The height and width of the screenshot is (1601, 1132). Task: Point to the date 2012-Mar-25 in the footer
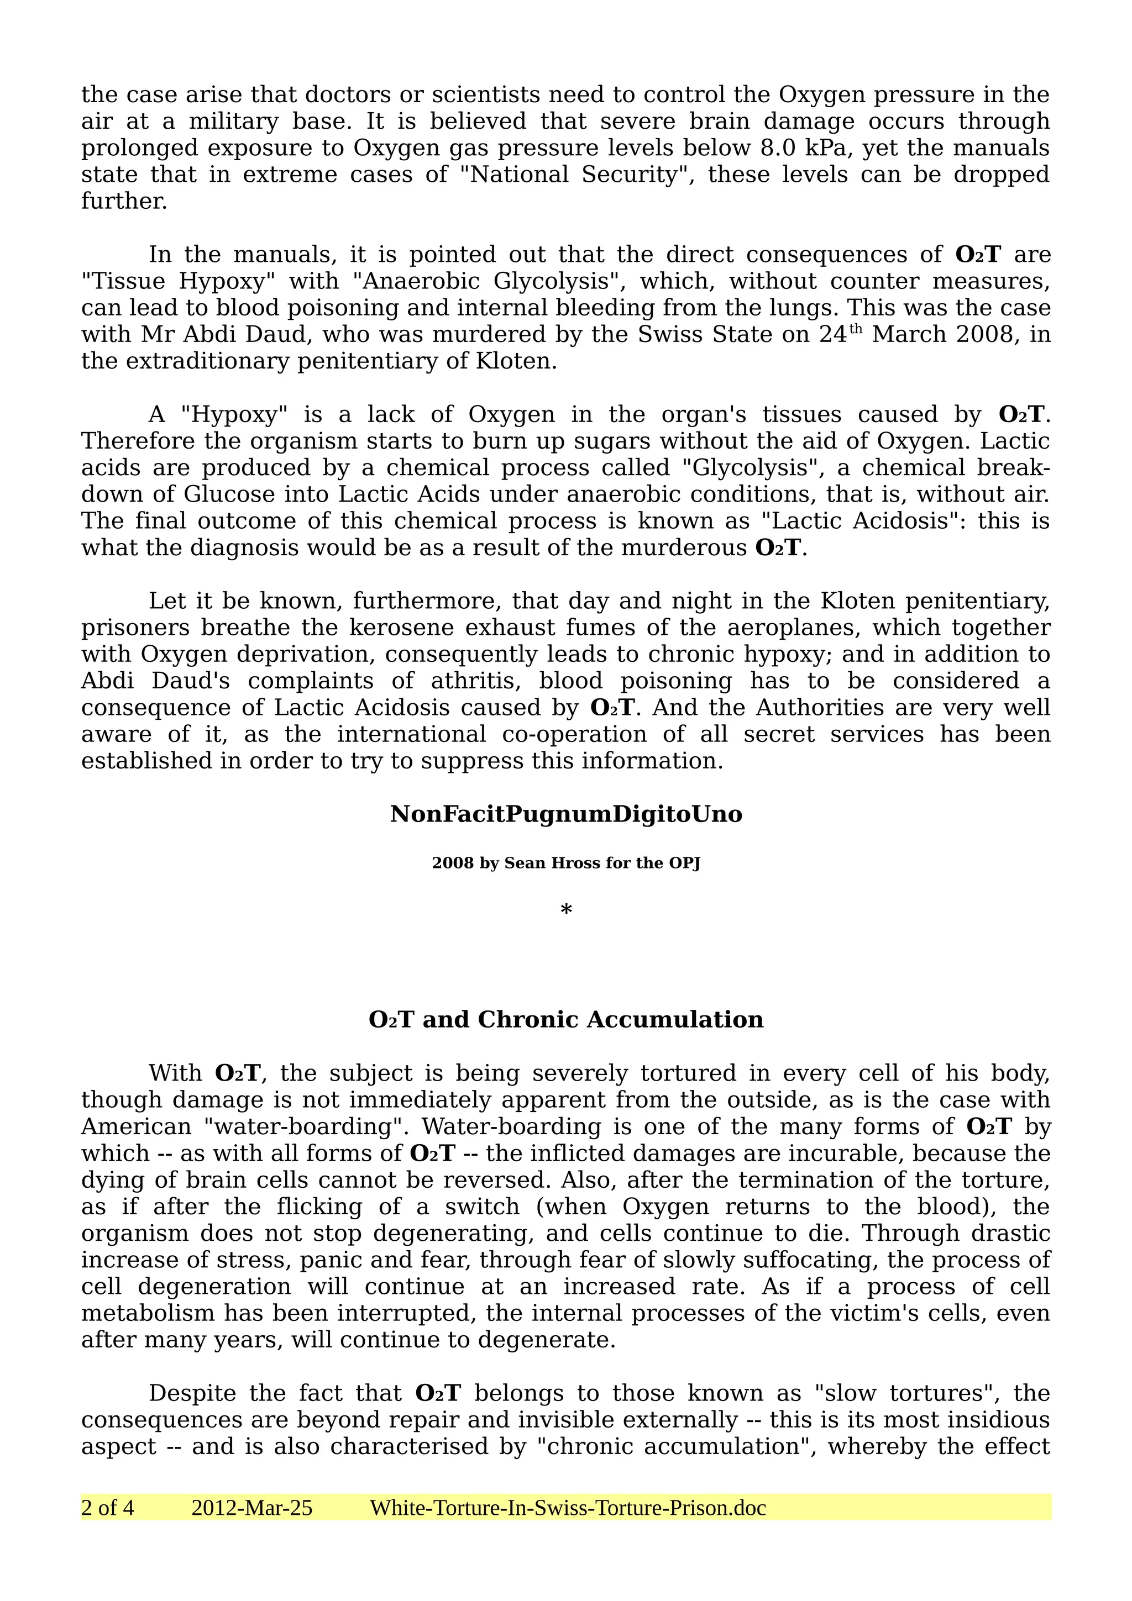coord(252,1508)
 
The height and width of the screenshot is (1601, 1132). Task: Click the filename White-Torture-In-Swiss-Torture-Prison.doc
coord(568,1508)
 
